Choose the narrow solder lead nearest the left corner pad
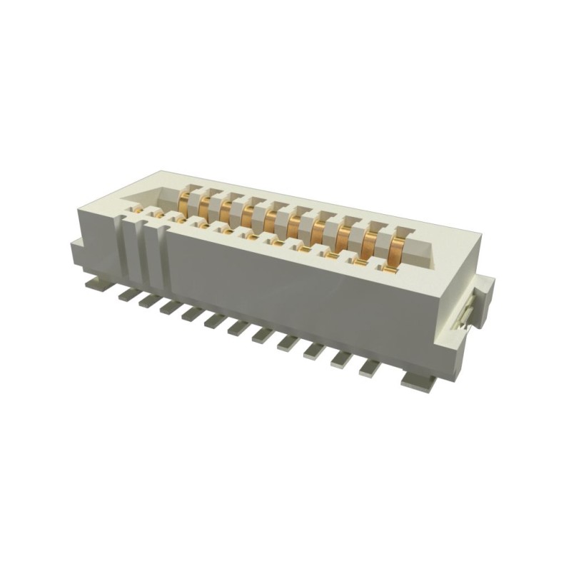pyautogui.click(x=123, y=293)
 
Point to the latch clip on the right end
pyautogui.click(x=467, y=314)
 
